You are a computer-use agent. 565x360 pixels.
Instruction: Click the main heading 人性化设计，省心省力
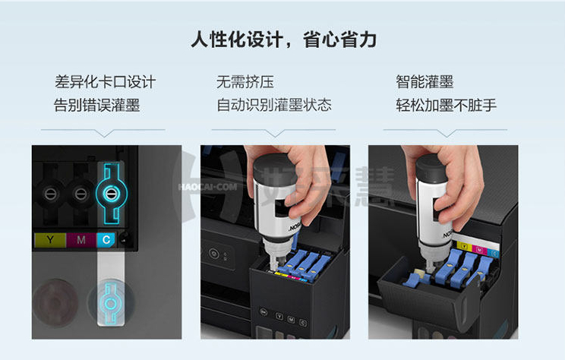tap(283, 39)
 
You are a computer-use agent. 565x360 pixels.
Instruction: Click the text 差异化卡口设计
tap(106, 82)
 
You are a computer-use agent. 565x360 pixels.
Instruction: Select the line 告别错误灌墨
tap(96, 106)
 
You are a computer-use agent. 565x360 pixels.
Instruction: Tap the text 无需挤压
tap(245, 82)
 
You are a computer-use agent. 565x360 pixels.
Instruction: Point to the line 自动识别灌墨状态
tap(274, 105)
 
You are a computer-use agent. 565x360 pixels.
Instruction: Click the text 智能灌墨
tap(425, 82)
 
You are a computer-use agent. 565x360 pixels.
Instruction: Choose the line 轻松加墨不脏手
tap(446, 105)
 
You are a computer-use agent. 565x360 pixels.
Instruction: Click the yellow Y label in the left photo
tap(50, 240)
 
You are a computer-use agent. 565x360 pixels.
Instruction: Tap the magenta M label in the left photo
tap(81, 240)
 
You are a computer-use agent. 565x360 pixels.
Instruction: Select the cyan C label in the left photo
tap(106, 240)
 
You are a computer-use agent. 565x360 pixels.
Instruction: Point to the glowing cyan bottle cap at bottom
tap(111, 304)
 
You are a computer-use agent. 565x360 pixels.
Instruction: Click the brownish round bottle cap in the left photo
tap(55, 302)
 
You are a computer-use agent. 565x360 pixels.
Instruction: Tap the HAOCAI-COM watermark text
tap(207, 187)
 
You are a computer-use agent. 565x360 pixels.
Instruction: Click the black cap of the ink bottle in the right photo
tap(431, 169)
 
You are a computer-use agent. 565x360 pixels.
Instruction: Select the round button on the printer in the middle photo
tap(213, 254)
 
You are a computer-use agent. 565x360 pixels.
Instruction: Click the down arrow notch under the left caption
tap(104, 134)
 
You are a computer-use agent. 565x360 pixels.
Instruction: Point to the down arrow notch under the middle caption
tap(275, 134)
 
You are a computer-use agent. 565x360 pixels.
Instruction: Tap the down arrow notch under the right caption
tap(446, 134)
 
